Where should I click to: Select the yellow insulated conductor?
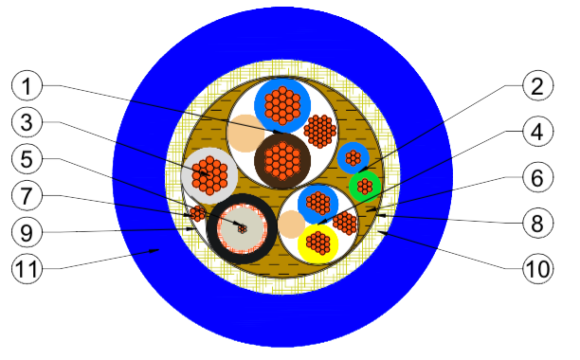pyautogui.click(x=320, y=244)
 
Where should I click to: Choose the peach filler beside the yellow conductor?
pyautogui.click(x=290, y=225)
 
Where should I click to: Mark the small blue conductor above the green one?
pyautogui.click(x=353, y=156)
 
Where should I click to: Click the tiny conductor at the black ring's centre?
pyautogui.click(x=242, y=229)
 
